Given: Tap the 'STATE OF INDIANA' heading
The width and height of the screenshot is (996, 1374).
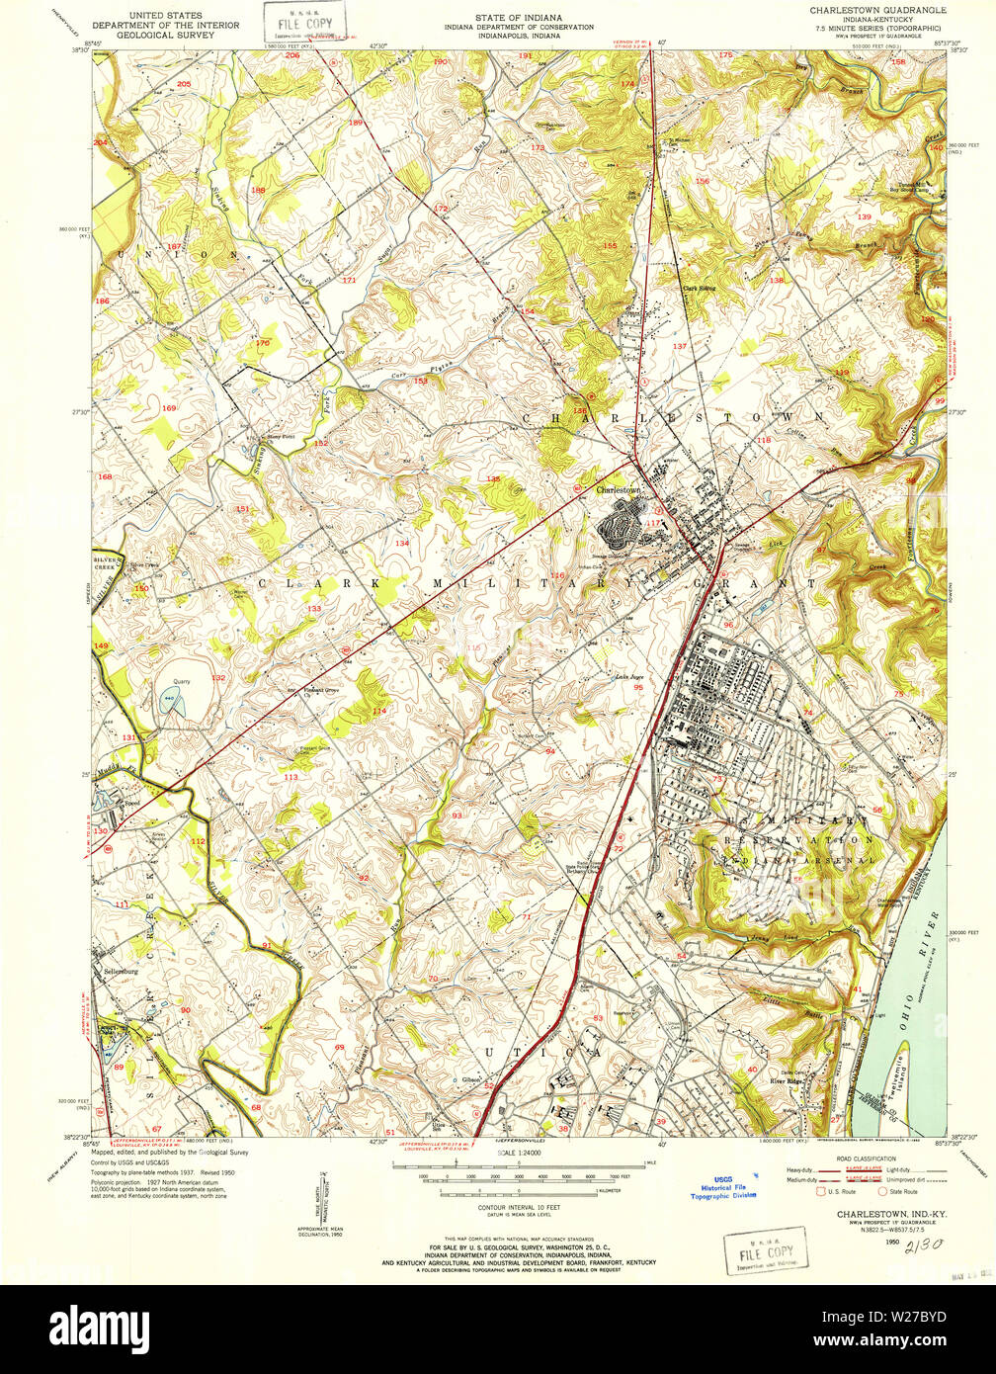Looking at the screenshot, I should [519, 17].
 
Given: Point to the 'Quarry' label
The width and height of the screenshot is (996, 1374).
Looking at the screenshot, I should [181, 680].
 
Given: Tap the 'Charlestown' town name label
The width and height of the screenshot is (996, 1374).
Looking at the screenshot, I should [619, 489].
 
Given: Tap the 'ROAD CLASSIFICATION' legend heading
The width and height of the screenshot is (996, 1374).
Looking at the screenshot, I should [865, 1159].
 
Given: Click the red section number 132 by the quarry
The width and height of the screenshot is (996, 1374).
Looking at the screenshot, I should [218, 678].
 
